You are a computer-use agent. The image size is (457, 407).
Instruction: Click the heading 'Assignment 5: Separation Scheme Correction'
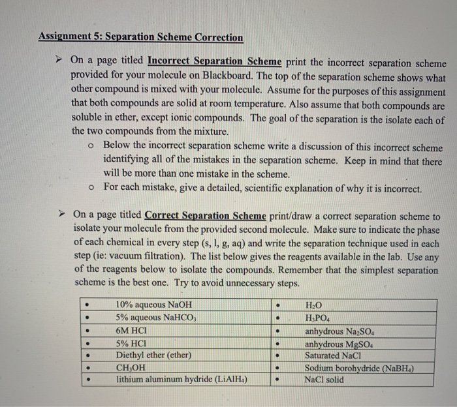(x=140, y=37)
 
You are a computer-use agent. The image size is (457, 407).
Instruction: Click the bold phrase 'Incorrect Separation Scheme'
(x=215, y=61)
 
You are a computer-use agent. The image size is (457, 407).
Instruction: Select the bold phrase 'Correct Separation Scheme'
(x=205, y=215)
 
